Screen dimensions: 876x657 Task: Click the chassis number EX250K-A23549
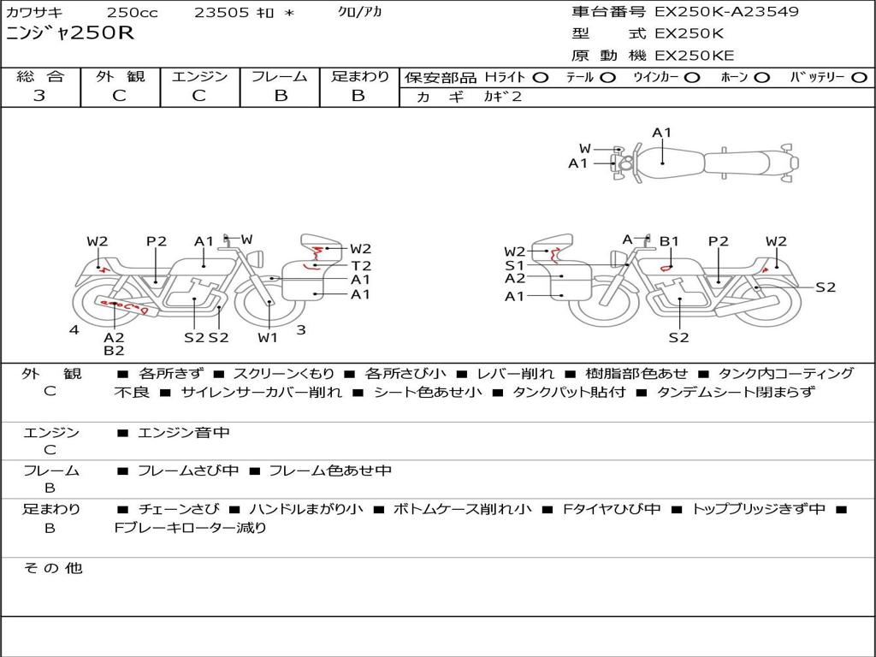(727, 11)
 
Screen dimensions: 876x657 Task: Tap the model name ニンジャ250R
(70, 33)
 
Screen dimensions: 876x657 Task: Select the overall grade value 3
(39, 96)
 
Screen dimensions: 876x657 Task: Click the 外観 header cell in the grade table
(120, 76)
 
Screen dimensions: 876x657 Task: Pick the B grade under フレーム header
(281, 96)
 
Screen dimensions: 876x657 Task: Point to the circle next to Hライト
(541, 78)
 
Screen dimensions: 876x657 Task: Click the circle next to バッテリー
(860, 78)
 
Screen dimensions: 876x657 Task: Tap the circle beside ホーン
(762, 78)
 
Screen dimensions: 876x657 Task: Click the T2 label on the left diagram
(361, 265)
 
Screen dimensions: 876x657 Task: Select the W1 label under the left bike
(268, 337)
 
